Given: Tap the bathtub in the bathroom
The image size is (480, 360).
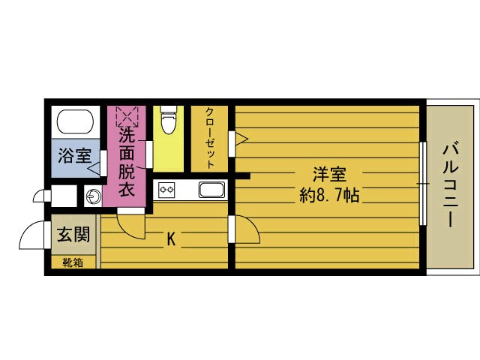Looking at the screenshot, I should (74, 122).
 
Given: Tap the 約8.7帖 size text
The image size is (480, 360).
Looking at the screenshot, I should (328, 196).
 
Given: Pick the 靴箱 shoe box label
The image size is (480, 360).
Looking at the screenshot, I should (73, 262).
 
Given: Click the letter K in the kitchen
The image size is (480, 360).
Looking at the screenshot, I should (171, 239).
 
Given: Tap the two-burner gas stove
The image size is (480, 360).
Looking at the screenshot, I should (166, 190).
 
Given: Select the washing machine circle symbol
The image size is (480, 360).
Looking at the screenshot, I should (92, 196).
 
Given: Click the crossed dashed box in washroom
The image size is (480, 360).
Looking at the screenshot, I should (127, 117).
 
